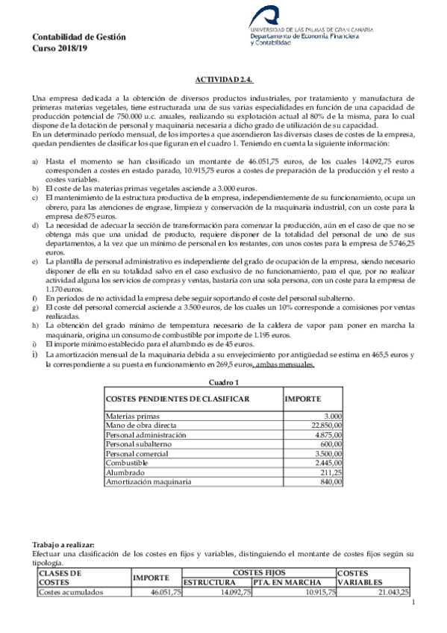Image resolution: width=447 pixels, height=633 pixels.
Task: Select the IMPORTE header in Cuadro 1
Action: tap(304, 399)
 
